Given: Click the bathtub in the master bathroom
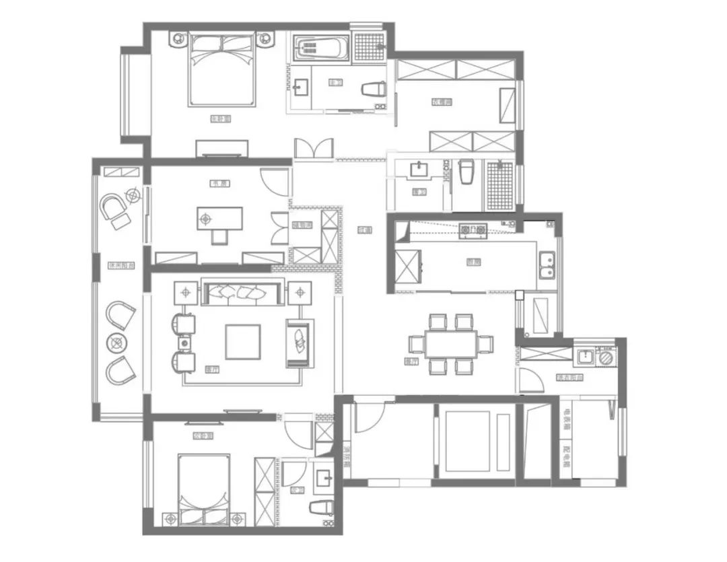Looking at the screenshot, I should point(320,48).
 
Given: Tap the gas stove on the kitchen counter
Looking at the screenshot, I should point(473,231).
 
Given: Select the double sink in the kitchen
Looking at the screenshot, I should point(547,265).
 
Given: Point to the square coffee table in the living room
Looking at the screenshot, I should point(242,341).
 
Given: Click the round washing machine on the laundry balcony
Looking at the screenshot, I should point(607,357).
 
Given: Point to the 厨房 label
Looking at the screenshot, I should point(473,263).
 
